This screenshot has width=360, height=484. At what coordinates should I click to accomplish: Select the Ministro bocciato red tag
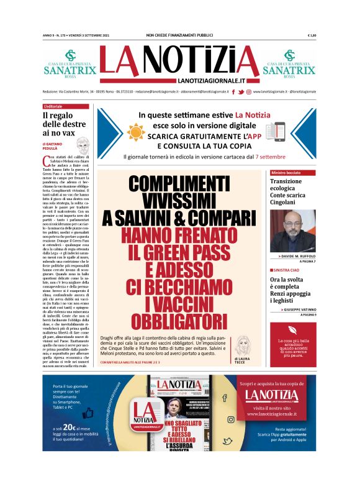(x=286, y=172)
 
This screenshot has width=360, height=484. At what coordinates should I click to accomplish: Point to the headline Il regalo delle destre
(x=61, y=123)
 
